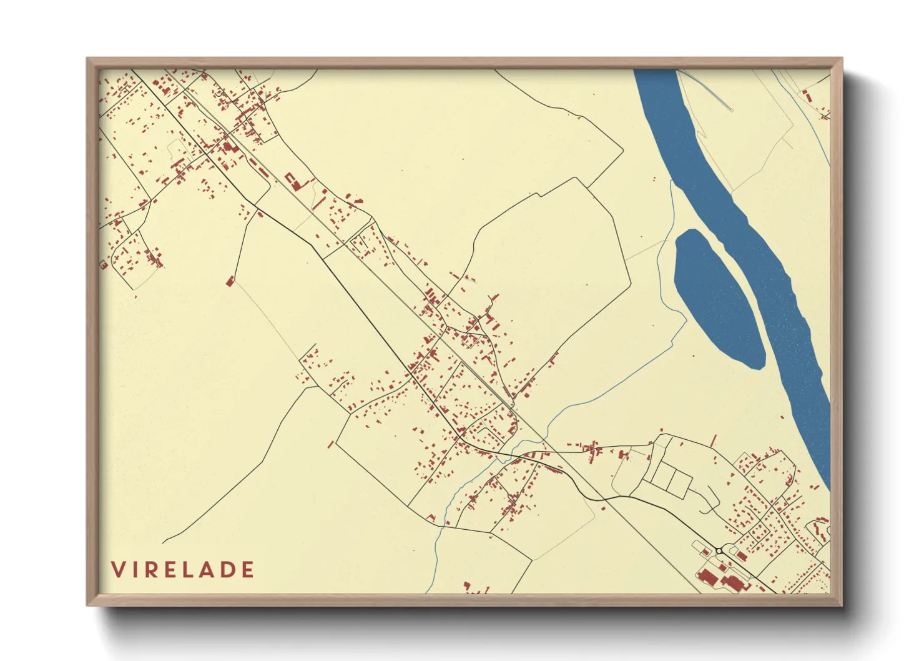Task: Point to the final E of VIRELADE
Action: point(248,570)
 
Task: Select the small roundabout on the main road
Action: point(719,550)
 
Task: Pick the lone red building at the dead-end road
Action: point(230,281)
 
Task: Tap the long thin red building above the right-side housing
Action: point(714,440)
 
